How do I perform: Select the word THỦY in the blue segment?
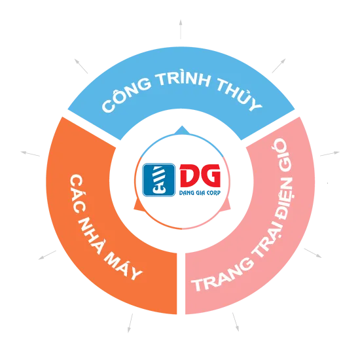tap(239, 94)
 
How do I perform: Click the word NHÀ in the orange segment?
tap(92, 234)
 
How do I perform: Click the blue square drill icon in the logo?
tap(159, 180)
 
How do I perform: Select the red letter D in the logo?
tap(189, 176)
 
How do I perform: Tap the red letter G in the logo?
tap(210, 176)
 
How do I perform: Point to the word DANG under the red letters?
tap(186, 193)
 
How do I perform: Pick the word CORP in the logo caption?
tap(214, 193)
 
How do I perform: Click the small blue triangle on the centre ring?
tap(181, 130)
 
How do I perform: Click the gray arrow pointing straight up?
tap(181, 29)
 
